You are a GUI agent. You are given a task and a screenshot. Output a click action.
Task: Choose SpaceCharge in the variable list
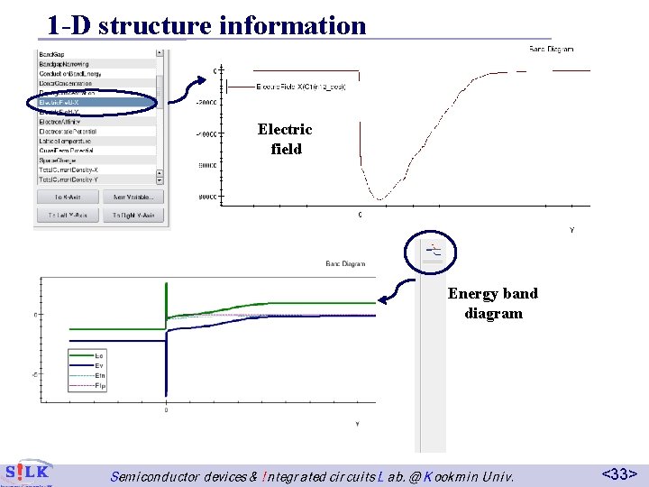[x=59, y=160]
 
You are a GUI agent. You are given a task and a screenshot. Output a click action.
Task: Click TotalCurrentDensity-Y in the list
[x=69, y=179]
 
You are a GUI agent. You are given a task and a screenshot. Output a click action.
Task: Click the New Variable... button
[x=133, y=197]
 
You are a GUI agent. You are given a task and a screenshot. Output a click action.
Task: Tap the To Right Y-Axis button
[x=133, y=216]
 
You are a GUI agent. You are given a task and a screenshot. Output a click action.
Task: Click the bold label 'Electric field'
[x=285, y=139]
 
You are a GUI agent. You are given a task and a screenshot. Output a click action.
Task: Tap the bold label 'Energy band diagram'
[x=493, y=303]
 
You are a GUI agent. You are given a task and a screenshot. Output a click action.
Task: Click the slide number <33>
[x=620, y=473]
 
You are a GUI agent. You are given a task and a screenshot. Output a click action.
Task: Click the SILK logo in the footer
[x=27, y=473]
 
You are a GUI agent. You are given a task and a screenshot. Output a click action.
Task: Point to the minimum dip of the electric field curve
[x=380, y=198]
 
